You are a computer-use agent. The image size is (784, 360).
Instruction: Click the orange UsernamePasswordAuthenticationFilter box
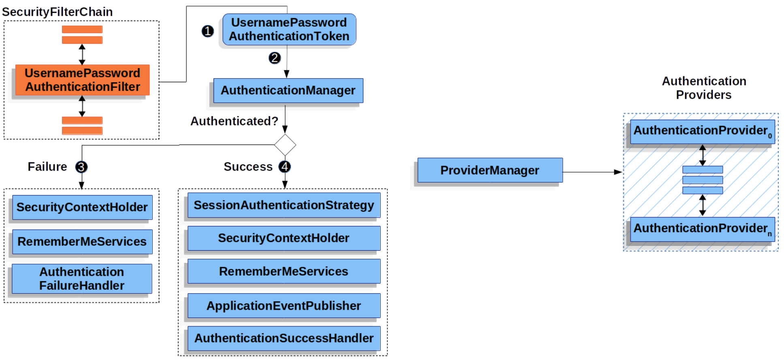tap(82, 80)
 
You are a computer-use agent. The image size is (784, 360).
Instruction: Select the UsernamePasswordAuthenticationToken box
tap(289, 29)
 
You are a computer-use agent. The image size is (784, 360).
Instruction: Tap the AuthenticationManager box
tap(288, 90)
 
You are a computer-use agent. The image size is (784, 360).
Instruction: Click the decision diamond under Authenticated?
tap(285, 145)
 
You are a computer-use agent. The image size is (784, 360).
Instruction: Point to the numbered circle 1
tap(207, 31)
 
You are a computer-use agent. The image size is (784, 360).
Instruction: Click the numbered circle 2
tap(274, 58)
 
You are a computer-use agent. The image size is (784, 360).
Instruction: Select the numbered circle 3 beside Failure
tap(81, 167)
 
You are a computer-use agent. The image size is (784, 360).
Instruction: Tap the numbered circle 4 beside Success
tap(285, 166)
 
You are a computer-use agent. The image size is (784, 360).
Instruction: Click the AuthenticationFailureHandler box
tap(82, 279)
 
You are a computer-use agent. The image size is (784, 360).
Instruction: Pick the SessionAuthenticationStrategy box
tap(284, 205)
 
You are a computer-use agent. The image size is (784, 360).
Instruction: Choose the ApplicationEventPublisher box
tap(284, 306)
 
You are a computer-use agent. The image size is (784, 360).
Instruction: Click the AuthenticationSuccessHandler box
tap(284, 338)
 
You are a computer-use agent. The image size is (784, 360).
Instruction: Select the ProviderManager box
tap(490, 170)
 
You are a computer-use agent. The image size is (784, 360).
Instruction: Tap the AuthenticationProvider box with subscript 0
tap(702, 131)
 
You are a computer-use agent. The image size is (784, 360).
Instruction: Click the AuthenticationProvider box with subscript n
tap(702, 229)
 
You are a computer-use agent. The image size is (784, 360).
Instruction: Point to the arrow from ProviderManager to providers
tap(592, 172)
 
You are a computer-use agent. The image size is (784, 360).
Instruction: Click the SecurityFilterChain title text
tap(57, 12)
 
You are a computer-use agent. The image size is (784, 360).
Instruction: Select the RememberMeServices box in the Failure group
tap(82, 242)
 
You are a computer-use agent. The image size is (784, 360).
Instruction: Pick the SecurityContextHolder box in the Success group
tap(284, 238)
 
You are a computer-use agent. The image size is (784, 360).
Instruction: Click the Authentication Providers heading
tap(704, 87)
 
